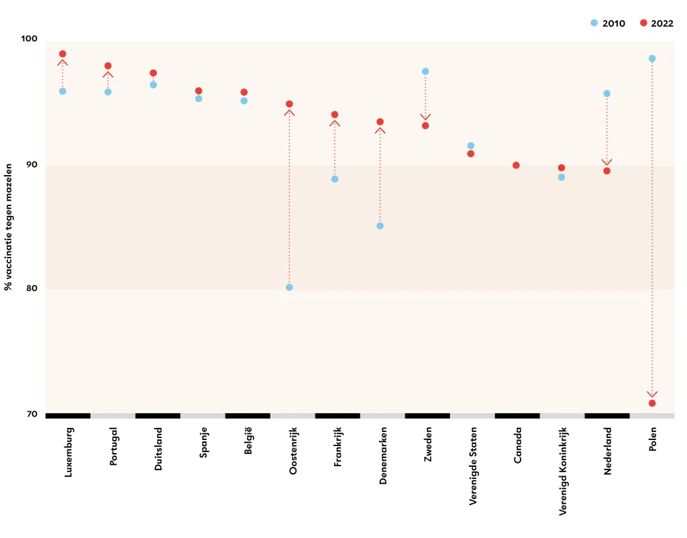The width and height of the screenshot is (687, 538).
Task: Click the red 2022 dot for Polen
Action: coord(652,403)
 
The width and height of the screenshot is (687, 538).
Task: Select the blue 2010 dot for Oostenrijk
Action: coord(289,287)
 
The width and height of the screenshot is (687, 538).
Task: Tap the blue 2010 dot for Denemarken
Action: coord(380,226)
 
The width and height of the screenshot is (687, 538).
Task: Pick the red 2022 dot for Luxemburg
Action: coord(62,54)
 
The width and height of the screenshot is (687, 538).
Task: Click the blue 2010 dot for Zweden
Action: coord(425,71)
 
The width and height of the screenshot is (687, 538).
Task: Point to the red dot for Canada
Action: coord(516,165)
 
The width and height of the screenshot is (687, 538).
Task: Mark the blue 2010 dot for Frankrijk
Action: coord(335,179)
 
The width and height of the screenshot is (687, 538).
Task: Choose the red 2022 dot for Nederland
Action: coord(606,171)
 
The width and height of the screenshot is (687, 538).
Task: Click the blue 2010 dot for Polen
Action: coord(652,59)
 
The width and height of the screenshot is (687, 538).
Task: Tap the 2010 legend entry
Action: coord(608,23)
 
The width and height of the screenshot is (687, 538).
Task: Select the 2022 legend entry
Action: coord(656,23)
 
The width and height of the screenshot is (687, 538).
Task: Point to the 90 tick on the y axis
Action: coord(32,165)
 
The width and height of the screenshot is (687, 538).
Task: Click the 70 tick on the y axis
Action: coord(32,414)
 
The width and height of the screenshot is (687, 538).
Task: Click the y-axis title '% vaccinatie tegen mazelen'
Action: coord(8,227)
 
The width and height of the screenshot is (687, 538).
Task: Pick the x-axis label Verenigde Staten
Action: coord(473,466)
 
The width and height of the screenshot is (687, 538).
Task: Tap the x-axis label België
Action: coord(248,441)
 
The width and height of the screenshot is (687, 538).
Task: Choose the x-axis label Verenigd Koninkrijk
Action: coord(563,472)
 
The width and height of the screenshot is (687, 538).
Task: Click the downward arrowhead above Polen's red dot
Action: coord(652,394)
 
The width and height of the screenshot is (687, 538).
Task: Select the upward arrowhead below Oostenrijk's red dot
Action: coord(289,113)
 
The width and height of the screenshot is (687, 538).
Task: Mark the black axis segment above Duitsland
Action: coord(158,416)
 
